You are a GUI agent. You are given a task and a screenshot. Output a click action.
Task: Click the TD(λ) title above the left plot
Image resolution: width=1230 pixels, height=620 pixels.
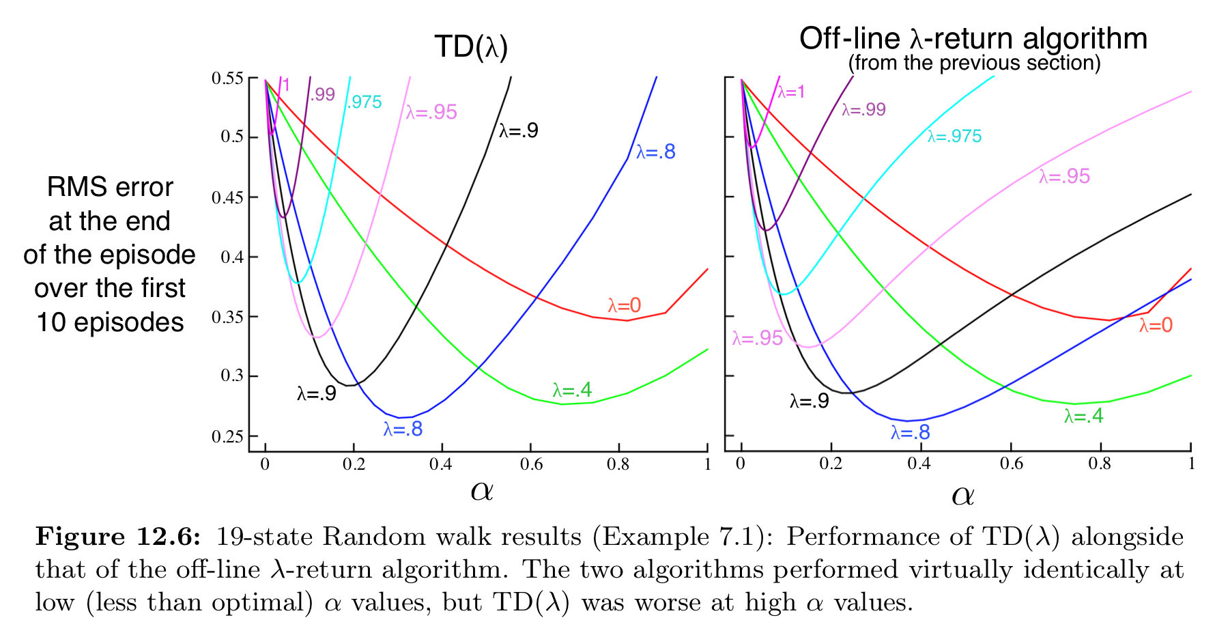click(x=471, y=47)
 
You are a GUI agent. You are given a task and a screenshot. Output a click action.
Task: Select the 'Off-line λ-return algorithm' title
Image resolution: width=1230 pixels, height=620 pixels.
click(x=973, y=39)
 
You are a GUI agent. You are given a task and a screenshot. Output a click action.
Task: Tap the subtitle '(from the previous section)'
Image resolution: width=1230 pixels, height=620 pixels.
click(x=974, y=64)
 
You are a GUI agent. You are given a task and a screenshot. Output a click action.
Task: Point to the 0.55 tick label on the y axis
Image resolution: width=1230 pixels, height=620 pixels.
click(x=227, y=79)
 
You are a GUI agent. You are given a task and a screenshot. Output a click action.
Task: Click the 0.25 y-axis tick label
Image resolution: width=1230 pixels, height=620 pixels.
click(x=227, y=436)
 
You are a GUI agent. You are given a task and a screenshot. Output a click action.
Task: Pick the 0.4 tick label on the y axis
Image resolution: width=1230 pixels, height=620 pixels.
click(x=231, y=257)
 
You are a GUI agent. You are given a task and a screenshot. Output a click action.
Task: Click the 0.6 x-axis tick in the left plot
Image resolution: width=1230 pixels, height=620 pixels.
click(x=531, y=465)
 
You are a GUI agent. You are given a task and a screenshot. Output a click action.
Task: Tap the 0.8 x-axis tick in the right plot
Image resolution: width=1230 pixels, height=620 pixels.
click(x=1100, y=464)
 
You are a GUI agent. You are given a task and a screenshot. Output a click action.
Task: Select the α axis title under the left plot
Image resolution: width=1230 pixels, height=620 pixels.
click(x=482, y=490)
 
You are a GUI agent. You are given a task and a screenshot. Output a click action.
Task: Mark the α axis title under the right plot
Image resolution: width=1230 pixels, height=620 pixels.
click(x=962, y=495)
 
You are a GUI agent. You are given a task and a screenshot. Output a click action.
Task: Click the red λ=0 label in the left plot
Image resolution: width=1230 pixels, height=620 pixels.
click(x=625, y=305)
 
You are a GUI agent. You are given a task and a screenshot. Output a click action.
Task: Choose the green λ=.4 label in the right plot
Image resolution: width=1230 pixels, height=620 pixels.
click(x=1083, y=416)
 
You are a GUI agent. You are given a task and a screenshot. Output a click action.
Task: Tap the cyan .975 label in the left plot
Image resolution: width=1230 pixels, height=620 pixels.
click(x=364, y=102)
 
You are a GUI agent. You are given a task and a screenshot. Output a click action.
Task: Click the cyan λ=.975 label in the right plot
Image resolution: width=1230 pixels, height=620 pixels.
click(x=954, y=137)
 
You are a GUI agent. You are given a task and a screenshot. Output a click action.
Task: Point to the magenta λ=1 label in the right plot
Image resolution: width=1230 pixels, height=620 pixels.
click(x=791, y=92)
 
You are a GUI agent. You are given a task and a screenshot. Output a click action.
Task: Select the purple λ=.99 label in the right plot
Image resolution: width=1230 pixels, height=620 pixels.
click(x=863, y=110)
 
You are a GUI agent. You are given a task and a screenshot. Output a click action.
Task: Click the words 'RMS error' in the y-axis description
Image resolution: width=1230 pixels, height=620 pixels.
click(x=110, y=187)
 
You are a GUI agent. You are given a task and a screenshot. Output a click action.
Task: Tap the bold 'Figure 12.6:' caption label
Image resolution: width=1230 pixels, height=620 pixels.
click(x=118, y=537)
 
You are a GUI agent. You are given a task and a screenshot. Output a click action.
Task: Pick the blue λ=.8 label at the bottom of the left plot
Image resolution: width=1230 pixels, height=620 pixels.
click(x=403, y=429)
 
